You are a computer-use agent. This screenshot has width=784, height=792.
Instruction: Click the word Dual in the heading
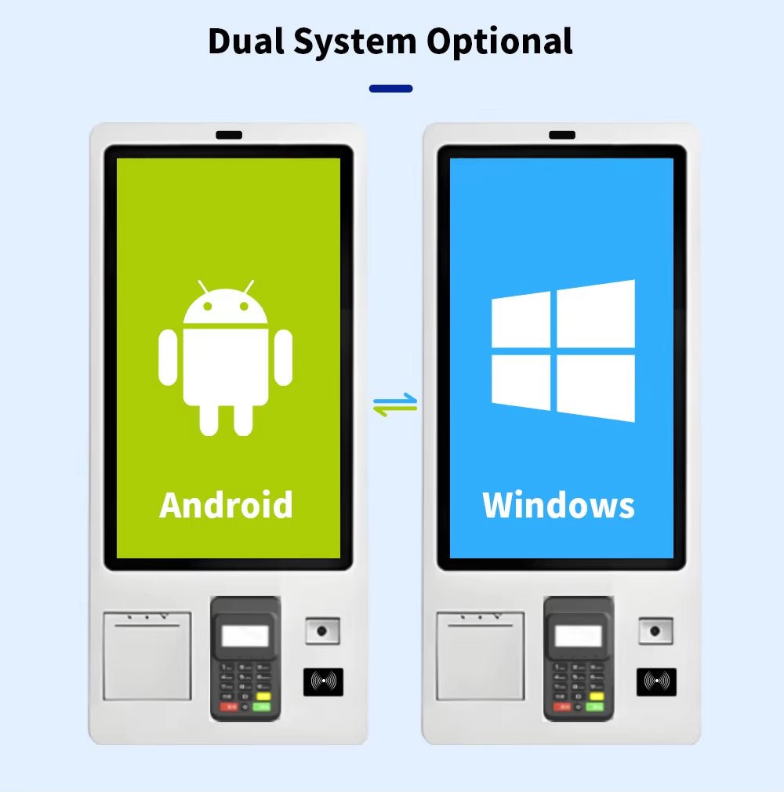point(246,41)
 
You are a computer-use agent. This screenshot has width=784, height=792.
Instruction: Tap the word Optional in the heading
point(499,42)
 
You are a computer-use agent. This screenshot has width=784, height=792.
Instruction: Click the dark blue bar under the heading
point(391,89)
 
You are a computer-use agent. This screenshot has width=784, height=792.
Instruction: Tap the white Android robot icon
point(225,358)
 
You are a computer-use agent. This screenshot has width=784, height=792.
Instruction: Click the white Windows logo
point(563,351)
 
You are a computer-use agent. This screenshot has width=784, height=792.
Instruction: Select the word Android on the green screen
point(226,504)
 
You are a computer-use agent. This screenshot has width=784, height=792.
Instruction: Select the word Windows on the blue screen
point(558,504)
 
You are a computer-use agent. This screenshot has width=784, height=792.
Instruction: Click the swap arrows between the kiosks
point(395,405)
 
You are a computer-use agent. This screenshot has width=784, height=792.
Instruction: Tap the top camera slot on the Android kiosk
point(229,135)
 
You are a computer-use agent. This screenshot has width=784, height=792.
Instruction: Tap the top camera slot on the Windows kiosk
point(562,135)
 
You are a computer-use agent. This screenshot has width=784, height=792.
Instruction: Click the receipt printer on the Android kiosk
point(147,656)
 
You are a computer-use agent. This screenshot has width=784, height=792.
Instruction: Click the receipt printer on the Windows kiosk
point(481,656)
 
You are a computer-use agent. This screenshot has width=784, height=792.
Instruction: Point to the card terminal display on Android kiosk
point(245,636)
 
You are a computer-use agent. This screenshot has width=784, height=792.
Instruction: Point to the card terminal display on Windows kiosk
point(579,636)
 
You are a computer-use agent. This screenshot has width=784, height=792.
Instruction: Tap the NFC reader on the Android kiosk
point(323,682)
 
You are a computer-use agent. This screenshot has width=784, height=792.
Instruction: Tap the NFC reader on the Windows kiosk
point(657,682)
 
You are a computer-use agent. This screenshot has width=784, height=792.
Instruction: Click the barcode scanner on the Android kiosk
point(323,631)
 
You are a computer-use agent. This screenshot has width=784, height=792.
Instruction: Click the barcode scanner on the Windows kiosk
point(655,631)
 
